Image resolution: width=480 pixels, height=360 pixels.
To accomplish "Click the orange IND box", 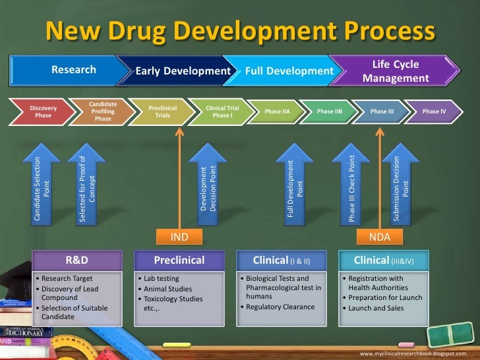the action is click(179, 236).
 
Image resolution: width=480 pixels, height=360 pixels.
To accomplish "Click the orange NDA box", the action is click(379, 236).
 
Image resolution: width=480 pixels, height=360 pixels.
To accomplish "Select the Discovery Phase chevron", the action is click(43, 111).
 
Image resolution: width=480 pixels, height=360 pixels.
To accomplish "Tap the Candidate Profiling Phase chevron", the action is click(102, 111).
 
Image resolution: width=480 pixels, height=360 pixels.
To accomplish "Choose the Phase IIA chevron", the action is click(277, 111).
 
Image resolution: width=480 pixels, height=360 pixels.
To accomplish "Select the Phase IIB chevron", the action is click(329, 111).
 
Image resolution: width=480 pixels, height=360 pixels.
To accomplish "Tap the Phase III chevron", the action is click(382, 111).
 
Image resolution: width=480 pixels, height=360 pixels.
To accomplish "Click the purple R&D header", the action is click(78, 260).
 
